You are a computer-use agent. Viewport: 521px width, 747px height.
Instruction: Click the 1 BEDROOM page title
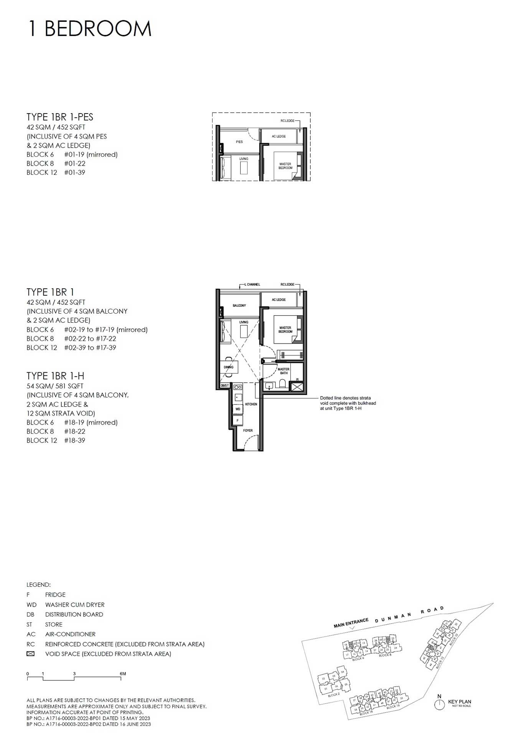(x=90, y=29)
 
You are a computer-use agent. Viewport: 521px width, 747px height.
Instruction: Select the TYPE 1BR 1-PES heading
(x=60, y=117)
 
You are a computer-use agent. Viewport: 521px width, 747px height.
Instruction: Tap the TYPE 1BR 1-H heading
(x=55, y=376)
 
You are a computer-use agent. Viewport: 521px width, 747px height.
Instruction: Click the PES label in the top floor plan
(x=239, y=142)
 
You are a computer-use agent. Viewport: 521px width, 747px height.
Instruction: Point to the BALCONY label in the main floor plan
(x=239, y=306)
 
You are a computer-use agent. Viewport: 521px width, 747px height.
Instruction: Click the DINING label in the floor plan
(x=229, y=367)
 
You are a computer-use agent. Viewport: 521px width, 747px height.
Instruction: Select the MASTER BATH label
(x=284, y=371)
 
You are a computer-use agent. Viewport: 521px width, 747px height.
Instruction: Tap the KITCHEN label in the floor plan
(x=251, y=404)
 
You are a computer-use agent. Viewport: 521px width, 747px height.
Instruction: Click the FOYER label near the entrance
(x=248, y=431)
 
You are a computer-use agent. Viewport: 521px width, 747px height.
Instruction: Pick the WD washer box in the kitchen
(x=238, y=409)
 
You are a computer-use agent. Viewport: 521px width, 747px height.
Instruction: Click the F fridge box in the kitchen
(x=238, y=421)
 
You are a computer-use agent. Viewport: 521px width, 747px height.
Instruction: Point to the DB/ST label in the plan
(x=225, y=385)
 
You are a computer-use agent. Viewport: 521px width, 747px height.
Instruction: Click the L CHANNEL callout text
(x=252, y=285)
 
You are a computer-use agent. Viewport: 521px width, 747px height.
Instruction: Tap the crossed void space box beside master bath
(x=297, y=386)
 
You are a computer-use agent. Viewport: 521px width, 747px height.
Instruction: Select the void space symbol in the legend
(x=30, y=654)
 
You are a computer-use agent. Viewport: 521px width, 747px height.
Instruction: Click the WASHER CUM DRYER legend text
(x=75, y=605)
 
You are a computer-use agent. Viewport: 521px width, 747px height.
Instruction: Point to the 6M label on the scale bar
(x=123, y=674)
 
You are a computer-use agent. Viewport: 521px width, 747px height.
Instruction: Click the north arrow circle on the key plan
(x=439, y=704)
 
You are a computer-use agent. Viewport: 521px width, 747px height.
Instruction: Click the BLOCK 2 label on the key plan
(x=333, y=694)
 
